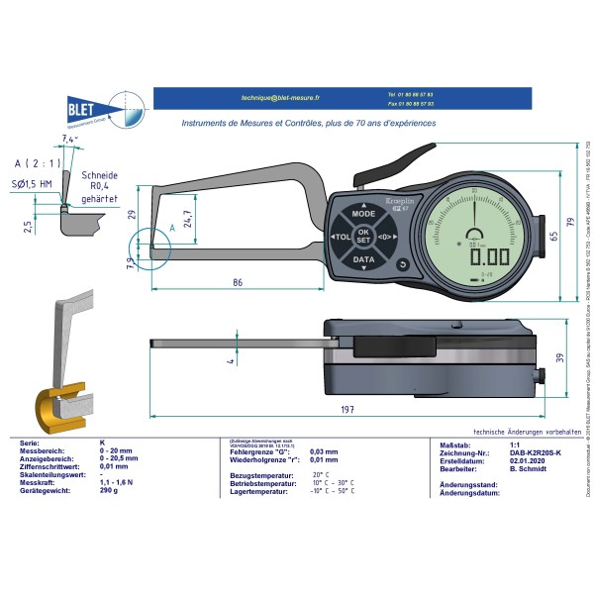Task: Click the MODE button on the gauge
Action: (364, 214)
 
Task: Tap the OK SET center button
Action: (363, 238)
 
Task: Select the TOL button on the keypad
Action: (340, 239)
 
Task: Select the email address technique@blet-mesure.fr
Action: (262, 98)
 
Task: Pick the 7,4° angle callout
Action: (66, 141)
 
